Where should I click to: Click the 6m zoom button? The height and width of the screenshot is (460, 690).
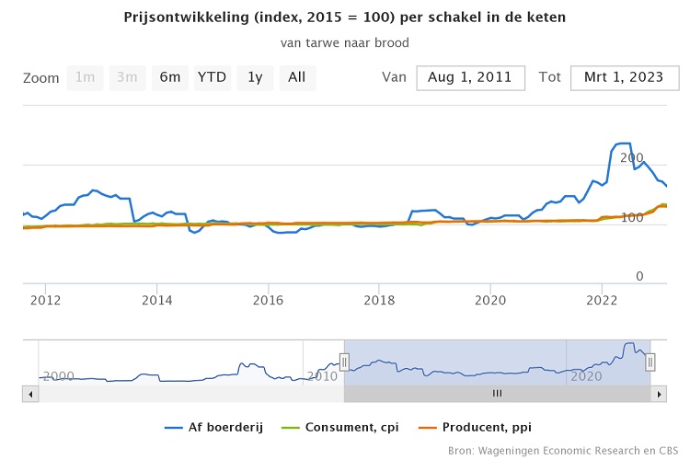(x=169, y=77)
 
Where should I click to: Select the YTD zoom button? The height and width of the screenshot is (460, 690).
(x=213, y=77)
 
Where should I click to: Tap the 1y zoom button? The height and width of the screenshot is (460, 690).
(x=255, y=77)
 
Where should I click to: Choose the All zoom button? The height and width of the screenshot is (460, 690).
(x=296, y=77)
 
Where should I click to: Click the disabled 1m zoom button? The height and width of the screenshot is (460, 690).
(x=85, y=77)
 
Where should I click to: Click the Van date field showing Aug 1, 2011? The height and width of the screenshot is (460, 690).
(x=470, y=77)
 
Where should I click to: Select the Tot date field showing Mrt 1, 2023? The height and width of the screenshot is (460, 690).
(x=624, y=77)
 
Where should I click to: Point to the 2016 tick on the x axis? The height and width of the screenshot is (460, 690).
(x=268, y=300)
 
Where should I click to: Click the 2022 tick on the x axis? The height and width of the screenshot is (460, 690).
(x=602, y=300)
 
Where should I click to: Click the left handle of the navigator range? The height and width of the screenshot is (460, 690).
(x=344, y=362)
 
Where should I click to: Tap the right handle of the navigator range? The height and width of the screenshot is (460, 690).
(x=650, y=362)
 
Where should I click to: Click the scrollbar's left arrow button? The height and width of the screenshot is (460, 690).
(x=30, y=394)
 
